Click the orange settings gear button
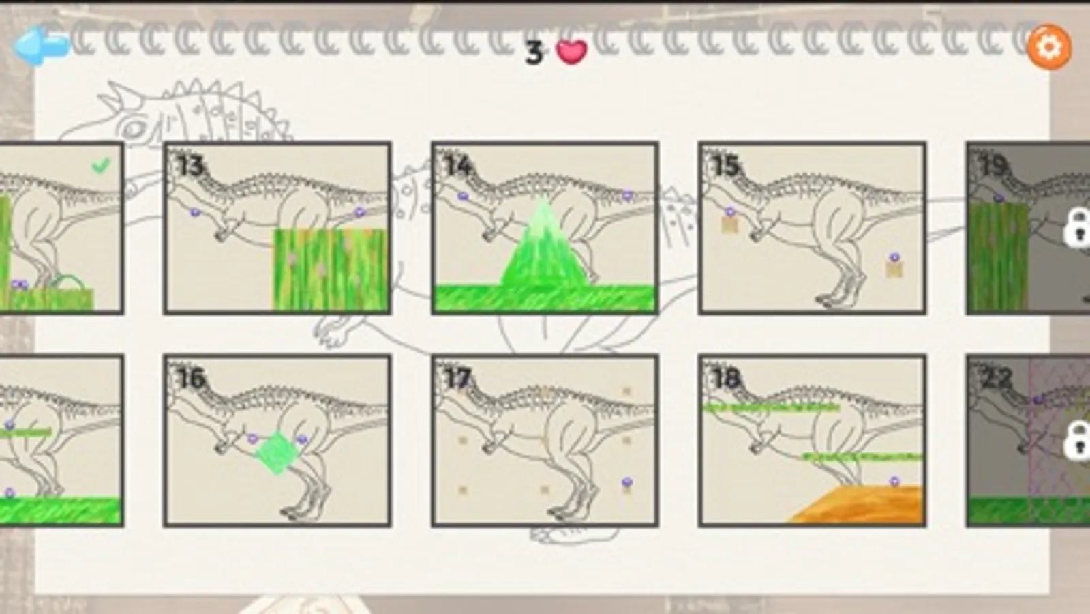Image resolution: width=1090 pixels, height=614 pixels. pos(1049,47)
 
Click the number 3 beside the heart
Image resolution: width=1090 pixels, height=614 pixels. pos(534,53)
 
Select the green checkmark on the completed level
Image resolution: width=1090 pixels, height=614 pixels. pos(101,166)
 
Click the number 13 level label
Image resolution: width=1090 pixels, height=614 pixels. pos(190,166)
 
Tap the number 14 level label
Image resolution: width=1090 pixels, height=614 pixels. pos(458,166)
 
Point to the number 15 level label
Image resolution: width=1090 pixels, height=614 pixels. pos(725,166)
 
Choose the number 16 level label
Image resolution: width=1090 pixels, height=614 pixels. pos(190,379)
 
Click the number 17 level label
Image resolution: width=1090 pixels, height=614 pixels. pos(458,379)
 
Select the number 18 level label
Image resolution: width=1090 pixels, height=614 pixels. pos(725,379)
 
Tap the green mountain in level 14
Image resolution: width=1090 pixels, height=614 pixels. pos(544,248)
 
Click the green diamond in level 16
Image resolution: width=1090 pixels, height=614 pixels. pos(277,453)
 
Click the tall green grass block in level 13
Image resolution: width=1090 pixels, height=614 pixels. pos(331,269)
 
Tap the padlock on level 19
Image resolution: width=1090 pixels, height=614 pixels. pos(1077,227)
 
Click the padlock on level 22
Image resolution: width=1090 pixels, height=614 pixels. pos(1077,441)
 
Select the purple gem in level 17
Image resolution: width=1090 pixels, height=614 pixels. pos(626,482)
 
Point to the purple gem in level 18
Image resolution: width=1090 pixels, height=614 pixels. pos(894,481)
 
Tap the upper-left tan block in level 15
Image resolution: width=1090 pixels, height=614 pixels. pos(729,225)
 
